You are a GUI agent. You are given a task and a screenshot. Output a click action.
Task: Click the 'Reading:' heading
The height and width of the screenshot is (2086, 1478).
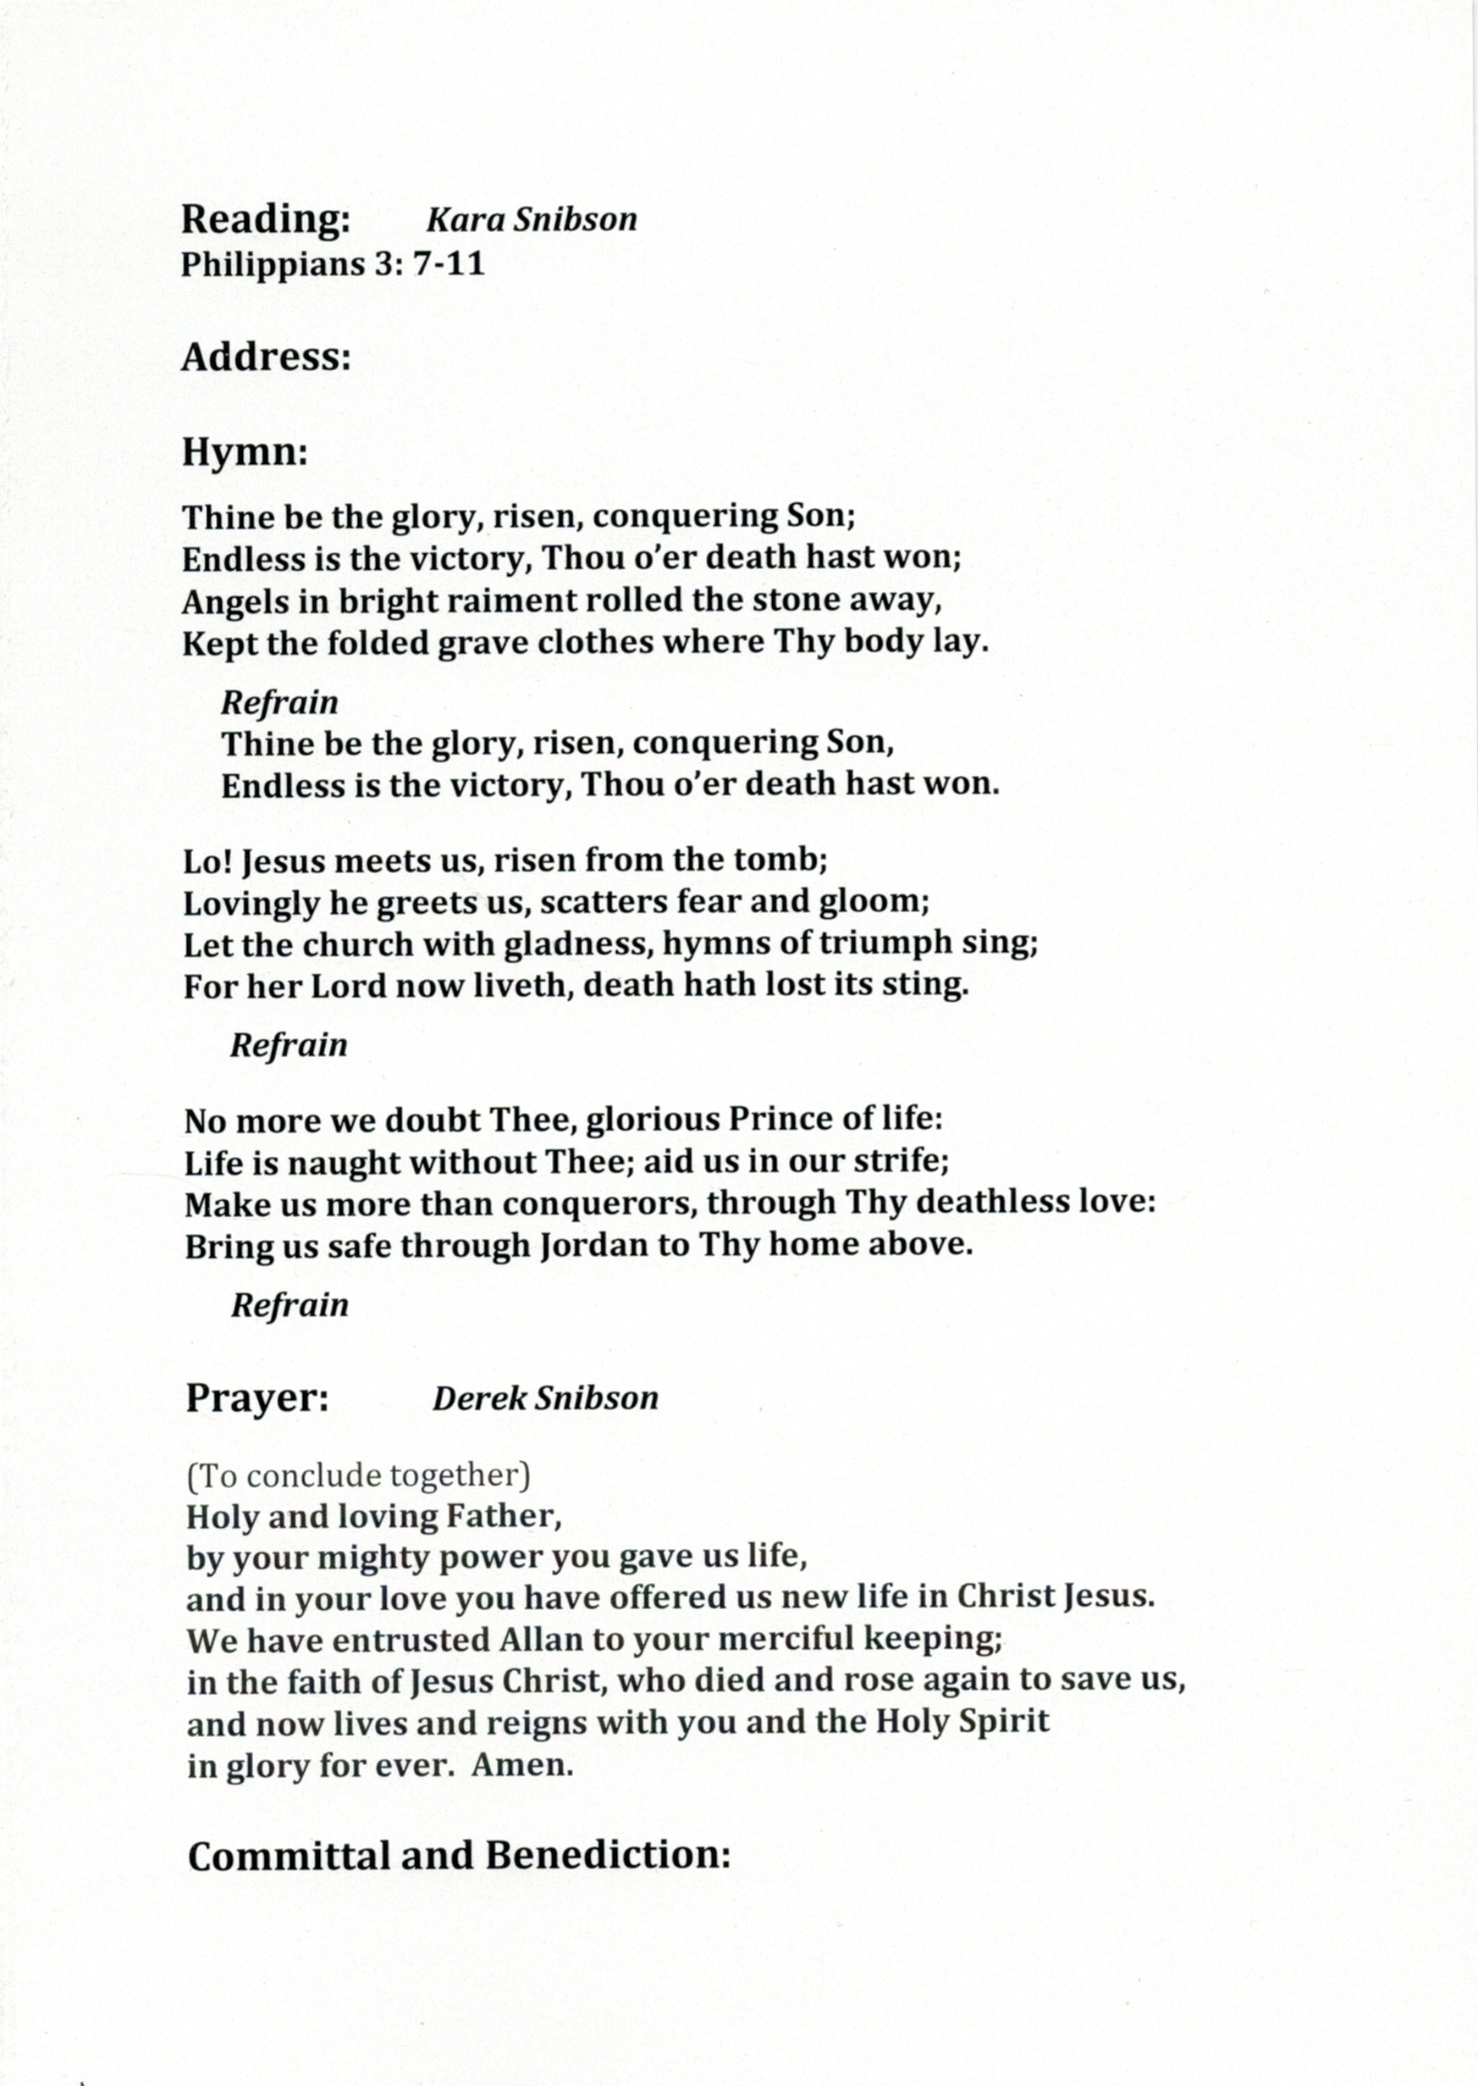(x=265, y=220)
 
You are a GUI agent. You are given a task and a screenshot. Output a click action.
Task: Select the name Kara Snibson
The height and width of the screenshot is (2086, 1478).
(x=532, y=219)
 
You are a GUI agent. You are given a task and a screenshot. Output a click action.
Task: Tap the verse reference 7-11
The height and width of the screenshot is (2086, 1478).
(x=449, y=264)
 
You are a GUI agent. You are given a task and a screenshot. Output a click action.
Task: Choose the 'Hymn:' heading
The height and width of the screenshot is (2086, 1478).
(x=245, y=451)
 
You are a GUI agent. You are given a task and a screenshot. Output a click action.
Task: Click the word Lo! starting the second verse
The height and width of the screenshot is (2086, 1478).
(x=207, y=860)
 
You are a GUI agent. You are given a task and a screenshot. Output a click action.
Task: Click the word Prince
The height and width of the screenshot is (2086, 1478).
(x=778, y=1119)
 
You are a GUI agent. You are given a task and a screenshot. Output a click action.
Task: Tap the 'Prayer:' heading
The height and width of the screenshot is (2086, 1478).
(x=257, y=1397)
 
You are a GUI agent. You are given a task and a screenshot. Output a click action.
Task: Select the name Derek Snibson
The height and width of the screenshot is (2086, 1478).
(x=544, y=1397)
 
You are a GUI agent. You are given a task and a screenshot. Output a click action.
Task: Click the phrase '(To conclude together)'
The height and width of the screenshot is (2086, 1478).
(x=359, y=1475)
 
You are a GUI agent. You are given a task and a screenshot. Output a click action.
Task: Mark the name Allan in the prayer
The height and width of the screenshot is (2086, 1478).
(x=540, y=1640)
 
